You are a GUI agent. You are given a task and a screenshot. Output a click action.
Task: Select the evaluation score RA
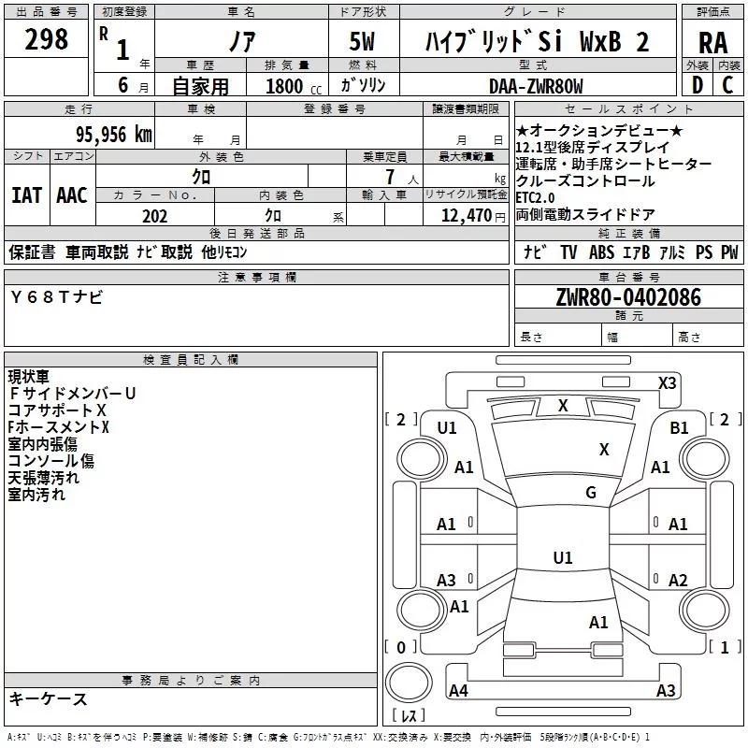712,43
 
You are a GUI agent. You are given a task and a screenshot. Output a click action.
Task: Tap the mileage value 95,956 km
113,134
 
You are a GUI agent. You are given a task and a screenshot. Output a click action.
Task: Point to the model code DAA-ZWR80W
536,86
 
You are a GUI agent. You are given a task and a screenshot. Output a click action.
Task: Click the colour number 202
154,215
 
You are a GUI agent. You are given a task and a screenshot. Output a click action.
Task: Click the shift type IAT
26,194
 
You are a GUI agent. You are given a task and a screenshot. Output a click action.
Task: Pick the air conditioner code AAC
72,194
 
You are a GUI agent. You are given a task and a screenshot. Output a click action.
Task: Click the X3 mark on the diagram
667,382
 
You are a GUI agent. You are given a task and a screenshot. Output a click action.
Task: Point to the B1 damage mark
679,427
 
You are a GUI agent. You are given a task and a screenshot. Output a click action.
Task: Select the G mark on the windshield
590,493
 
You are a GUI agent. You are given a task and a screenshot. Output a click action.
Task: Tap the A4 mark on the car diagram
458,691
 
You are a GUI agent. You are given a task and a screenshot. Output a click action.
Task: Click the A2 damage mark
679,580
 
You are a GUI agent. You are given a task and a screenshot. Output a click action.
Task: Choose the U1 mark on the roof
562,558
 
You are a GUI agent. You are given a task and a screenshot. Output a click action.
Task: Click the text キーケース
48,698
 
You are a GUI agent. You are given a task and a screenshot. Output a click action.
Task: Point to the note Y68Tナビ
57,296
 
